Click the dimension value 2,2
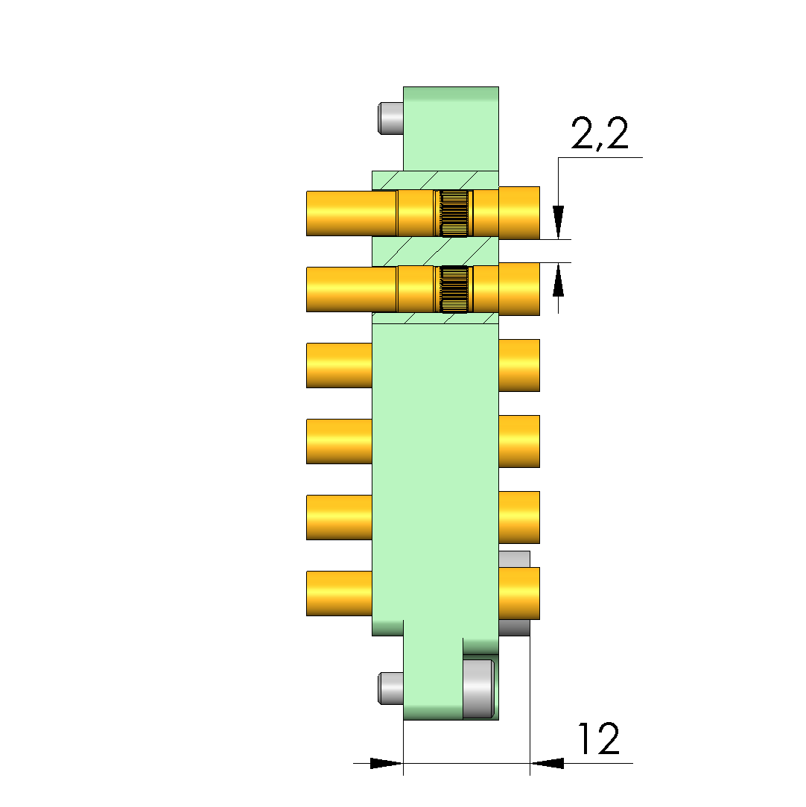coord(600,134)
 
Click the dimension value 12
coord(599,738)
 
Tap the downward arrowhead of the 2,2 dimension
coord(559,222)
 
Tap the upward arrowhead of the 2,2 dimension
coord(559,279)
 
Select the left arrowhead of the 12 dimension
coord(387,763)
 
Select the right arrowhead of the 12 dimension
coord(547,763)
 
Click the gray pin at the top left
coord(391,118)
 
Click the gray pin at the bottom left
coord(391,688)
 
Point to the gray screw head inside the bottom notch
coord(479,689)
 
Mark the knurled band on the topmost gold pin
coord(454,213)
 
